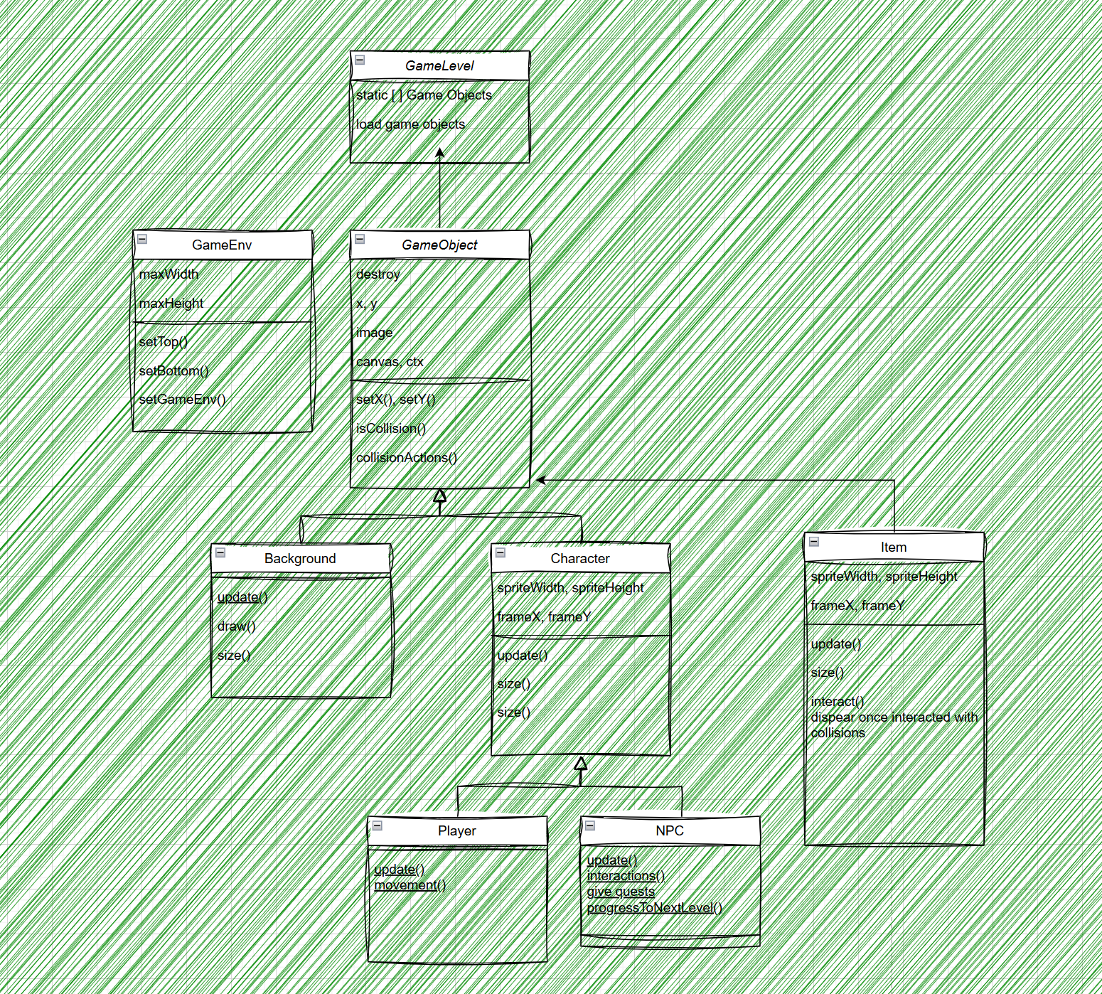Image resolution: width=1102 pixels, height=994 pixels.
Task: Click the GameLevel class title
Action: [x=439, y=65]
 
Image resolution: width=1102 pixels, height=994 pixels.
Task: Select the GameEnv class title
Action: [x=222, y=245]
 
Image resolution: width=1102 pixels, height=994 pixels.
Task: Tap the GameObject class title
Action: [x=439, y=245]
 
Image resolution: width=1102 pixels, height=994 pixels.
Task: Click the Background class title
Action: [x=300, y=558]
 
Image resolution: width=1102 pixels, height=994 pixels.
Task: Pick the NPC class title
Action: [x=670, y=830]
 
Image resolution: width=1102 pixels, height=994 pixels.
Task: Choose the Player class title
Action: [x=457, y=830]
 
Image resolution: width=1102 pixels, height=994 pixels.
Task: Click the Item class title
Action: [x=894, y=547]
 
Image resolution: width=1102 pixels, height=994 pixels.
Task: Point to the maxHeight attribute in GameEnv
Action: [x=171, y=303]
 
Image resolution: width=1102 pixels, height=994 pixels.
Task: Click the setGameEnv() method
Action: [x=182, y=399]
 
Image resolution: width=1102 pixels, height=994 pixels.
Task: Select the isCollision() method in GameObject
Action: [x=391, y=428]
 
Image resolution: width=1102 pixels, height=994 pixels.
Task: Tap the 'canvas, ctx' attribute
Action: [x=390, y=361]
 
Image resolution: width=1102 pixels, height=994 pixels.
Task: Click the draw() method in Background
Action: [x=236, y=626]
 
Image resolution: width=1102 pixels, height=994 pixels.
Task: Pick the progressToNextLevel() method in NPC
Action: [x=655, y=907]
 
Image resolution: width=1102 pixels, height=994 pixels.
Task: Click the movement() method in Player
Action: [x=410, y=885]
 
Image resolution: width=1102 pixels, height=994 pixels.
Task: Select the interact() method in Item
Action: [x=838, y=701]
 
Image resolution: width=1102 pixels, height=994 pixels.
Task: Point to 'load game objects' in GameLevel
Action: [x=410, y=124]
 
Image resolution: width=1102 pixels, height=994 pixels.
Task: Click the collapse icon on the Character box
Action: [x=501, y=552]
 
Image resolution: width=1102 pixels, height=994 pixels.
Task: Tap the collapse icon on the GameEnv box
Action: [x=142, y=239]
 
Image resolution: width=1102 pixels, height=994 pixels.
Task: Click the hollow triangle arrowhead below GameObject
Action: [x=440, y=495]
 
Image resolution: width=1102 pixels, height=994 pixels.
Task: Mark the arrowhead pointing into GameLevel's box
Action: [x=440, y=152]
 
